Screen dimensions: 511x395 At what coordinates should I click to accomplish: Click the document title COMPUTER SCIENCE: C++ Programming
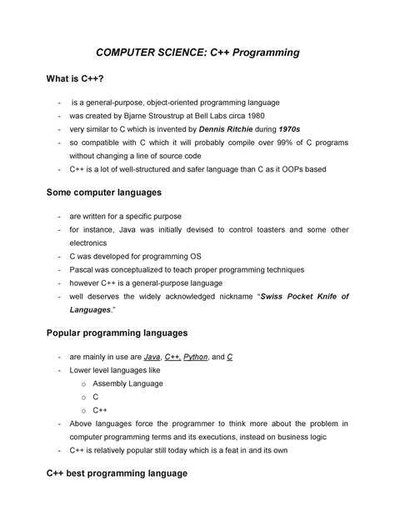[x=197, y=53]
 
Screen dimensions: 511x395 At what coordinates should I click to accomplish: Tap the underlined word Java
[x=152, y=357]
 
